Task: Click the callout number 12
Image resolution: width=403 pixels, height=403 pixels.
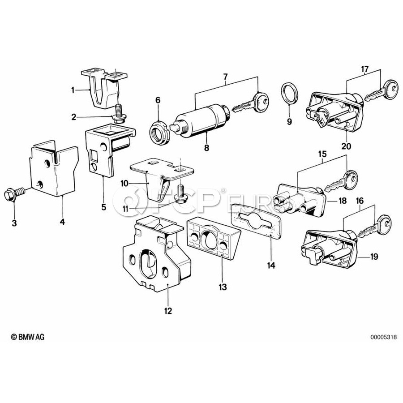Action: [168, 310]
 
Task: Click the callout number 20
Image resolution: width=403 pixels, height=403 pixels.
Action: [346, 146]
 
